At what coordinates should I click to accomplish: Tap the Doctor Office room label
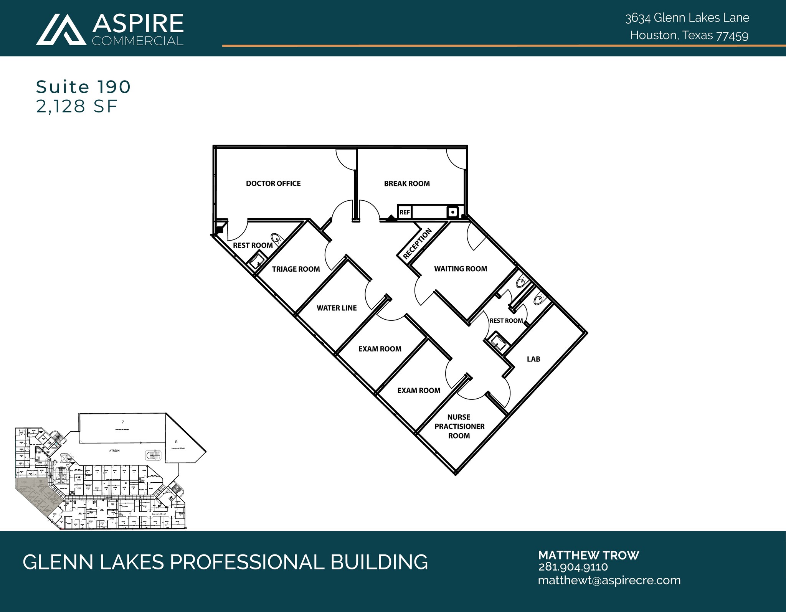point(273,183)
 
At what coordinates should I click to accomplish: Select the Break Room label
point(407,183)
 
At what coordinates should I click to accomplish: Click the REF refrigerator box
point(405,212)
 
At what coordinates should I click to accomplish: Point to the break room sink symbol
point(453,212)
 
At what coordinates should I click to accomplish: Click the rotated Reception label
point(417,243)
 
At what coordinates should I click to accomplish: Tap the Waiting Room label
point(461,269)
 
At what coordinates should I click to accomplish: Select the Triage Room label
point(296,269)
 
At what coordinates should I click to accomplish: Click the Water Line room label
point(337,308)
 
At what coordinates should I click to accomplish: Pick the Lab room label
point(533,359)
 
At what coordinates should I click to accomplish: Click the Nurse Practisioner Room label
point(459,426)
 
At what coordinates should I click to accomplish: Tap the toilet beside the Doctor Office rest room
point(276,238)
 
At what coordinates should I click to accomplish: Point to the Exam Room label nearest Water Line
point(380,349)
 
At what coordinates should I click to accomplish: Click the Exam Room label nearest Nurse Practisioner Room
point(419,391)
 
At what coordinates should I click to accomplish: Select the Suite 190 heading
point(83,87)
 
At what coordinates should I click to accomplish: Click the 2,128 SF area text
point(77,106)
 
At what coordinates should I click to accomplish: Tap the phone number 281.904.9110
point(573,567)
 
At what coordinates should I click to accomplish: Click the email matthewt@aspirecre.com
point(609,580)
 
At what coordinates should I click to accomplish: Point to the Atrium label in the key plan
point(114,450)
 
